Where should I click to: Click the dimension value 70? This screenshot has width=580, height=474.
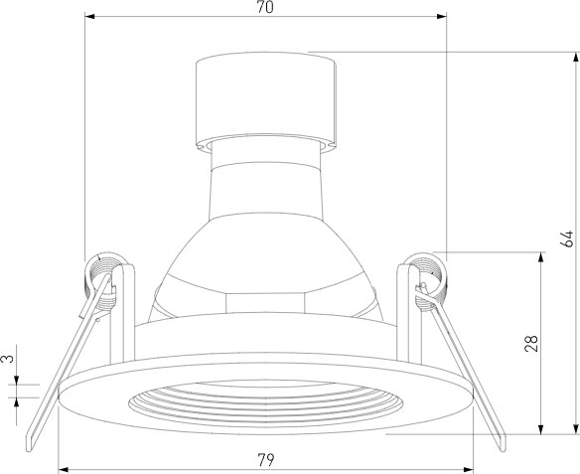(265, 7)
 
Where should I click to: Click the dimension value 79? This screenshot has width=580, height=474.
(266, 460)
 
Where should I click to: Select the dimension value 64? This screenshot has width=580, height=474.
(567, 238)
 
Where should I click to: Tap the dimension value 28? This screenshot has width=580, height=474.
(531, 343)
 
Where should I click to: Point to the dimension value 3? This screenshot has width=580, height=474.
(7, 358)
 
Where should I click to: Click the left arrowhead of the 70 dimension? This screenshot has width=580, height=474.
(90, 16)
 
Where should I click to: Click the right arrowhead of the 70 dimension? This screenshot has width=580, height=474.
(442, 16)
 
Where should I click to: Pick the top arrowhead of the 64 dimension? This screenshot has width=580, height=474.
(575, 58)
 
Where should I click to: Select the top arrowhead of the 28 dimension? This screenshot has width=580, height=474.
(541, 257)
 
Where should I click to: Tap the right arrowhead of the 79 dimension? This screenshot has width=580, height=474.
(469, 470)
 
